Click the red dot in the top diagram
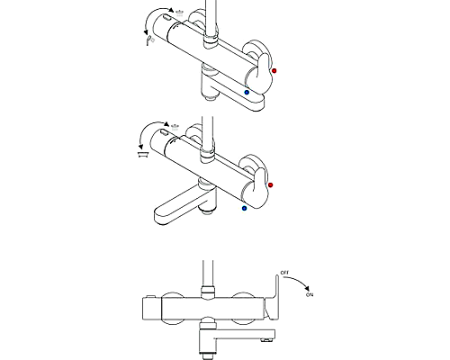(x=274, y=71)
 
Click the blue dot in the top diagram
(x=247, y=93)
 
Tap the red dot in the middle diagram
(x=270, y=184)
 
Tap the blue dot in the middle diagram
(x=244, y=208)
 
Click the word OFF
(x=284, y=273)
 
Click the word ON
(x=310, y=295)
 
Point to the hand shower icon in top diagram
(x=150, y=40)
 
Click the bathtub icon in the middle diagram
(x=142, y=155)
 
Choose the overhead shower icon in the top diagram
(x=179, y=13)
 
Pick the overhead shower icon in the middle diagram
(x=175, y=127)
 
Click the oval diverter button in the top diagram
(x=166, y=19)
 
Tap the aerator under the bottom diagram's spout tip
(x=268, y=340)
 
